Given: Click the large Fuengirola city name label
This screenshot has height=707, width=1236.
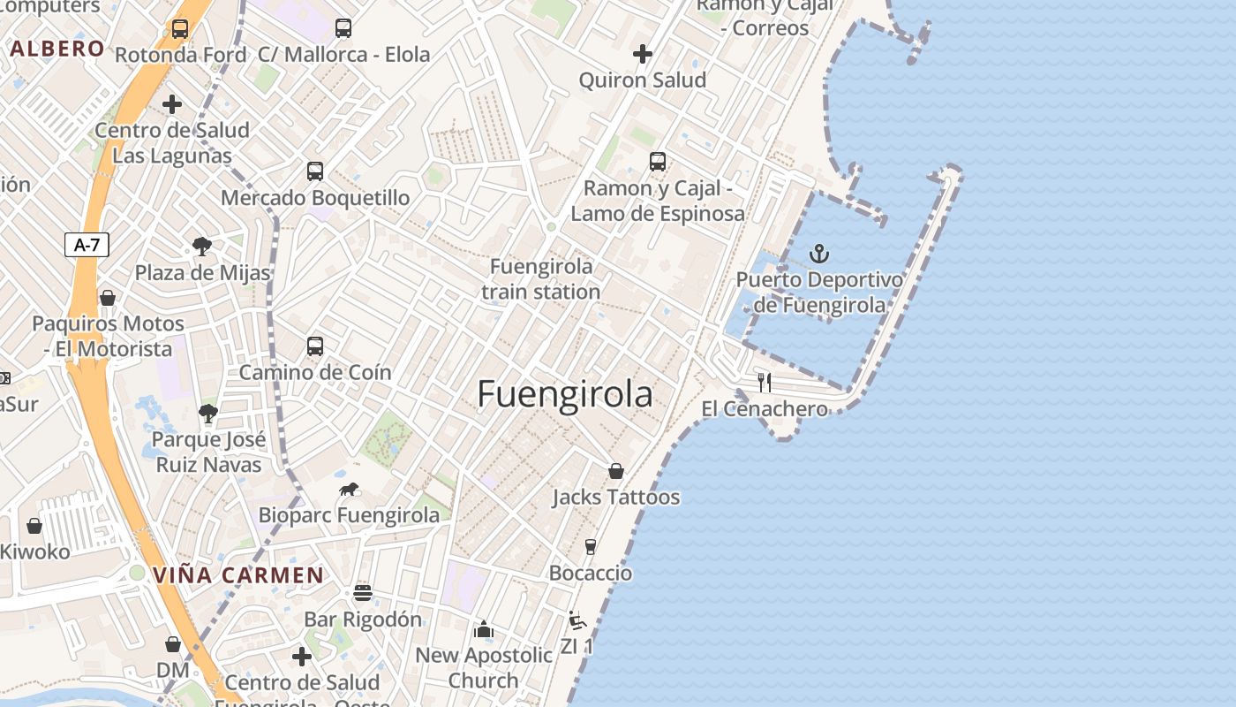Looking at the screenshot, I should [565, 394].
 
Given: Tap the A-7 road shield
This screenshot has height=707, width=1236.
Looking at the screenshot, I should [87, 245].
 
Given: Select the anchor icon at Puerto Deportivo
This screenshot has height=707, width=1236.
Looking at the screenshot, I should [819, 255].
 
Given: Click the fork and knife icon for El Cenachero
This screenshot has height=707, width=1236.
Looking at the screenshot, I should [765, 382].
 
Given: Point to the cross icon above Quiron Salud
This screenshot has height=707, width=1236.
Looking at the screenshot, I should [643, 54].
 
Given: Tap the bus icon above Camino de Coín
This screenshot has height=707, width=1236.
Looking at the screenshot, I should [315, 346].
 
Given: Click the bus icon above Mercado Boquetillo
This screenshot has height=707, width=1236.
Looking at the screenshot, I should [315, 171].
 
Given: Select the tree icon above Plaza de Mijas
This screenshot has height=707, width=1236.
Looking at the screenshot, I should [202, 246].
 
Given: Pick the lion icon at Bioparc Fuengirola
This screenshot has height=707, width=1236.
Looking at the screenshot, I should [349, 489].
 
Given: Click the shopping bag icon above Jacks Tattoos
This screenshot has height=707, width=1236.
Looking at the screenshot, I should [616, 471].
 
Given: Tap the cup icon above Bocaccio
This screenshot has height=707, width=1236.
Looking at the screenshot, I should [591, 547].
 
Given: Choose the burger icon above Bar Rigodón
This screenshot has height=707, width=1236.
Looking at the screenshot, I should [363, 592].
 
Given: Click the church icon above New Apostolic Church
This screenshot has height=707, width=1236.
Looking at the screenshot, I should [483, 629].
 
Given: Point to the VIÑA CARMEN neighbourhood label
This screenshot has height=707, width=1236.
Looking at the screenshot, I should [238, 575].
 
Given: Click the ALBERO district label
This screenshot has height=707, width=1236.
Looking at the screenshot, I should [57, 49].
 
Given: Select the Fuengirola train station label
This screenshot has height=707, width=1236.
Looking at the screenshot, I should [541, 278].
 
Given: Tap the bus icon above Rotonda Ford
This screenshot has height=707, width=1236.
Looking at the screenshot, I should [180, 28].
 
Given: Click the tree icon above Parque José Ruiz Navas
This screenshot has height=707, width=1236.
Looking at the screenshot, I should [207, 413].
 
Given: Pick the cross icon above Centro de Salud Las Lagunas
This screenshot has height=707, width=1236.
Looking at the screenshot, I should [172, 104].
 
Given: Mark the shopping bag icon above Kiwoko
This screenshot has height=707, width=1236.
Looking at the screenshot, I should [34, 526].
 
